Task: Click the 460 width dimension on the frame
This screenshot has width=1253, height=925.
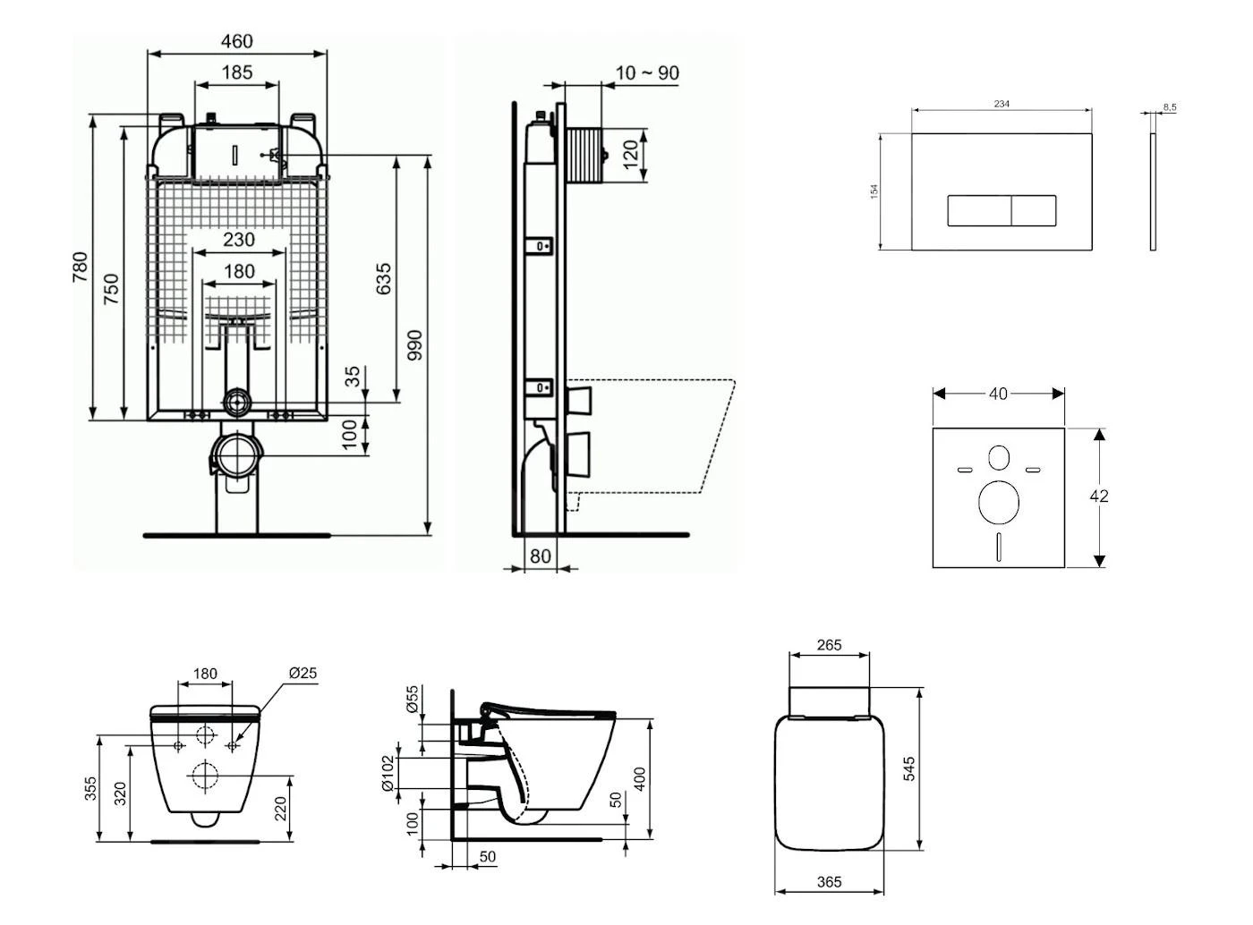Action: pos(237,41)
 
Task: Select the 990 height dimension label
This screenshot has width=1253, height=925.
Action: pos(414,345)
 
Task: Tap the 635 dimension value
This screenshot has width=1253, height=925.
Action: pos(383,279)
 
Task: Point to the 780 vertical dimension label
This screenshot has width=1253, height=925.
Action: pos(81,267)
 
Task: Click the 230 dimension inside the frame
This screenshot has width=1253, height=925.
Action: pos(238,240)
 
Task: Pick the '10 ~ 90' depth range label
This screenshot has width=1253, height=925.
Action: pos(647,73)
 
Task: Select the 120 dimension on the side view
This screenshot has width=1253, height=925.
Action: pos(630,154)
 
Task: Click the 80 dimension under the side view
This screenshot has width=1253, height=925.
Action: pos(541,556)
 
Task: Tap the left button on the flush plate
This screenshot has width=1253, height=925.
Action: pos(979,210)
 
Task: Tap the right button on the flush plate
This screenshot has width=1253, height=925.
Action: pos(1034,210)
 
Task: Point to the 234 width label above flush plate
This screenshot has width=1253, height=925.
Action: pos(1002,104)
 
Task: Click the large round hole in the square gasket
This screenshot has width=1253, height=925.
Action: pos(998,502)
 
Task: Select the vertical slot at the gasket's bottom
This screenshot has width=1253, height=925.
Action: pos(999,547)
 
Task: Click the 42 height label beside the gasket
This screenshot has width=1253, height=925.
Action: pos(1099,496)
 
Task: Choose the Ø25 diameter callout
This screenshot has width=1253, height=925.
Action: pos(303,674)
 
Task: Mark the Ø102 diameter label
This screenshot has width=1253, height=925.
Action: pos(388,773)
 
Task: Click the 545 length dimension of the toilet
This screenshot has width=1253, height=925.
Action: pos(908,768)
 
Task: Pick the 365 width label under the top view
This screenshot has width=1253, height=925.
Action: pos(830,882)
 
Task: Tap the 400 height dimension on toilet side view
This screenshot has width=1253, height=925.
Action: pos(639,778)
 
